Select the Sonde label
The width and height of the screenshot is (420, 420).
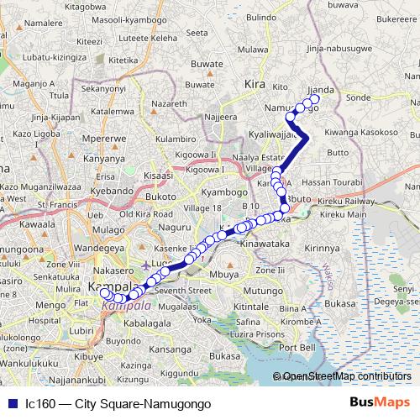[x=358, y=98]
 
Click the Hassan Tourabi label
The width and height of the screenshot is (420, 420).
[x=328, y=182]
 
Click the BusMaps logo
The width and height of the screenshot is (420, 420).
[x=380, y=402]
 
